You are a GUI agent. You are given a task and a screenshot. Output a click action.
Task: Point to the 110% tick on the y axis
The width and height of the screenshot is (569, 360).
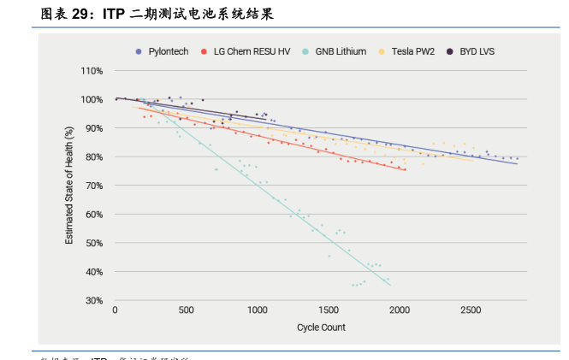[92, 70]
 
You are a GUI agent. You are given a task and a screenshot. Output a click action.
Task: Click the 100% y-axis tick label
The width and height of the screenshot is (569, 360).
[92, 99]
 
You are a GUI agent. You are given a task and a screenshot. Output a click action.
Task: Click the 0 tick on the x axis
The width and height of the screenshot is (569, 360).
[116, 311]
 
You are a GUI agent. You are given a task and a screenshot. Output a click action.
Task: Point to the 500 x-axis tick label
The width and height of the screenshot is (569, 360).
[187, 311]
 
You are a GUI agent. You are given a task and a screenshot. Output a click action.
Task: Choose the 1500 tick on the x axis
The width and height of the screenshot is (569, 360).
[328, 311]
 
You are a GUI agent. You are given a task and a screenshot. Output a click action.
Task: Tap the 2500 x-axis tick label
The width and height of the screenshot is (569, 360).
[470, 311]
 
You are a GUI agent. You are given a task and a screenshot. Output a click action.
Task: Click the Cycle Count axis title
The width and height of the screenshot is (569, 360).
[321, 328]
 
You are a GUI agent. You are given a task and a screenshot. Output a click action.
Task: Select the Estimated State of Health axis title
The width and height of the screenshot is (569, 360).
[69, 186]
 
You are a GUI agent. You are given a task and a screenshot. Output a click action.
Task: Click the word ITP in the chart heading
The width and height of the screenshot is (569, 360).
[113, 15]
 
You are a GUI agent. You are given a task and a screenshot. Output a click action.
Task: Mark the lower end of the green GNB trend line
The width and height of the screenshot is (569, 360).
[390, 285]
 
